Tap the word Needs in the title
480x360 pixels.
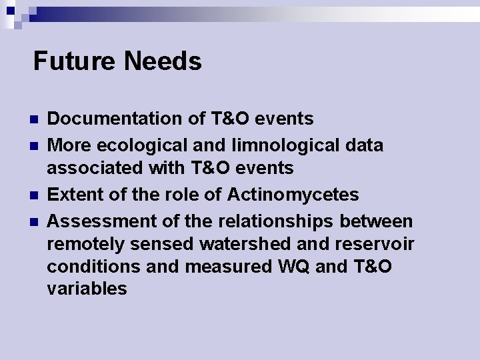coord(163,61)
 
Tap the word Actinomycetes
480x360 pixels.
coord(293,195)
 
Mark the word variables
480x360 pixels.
coord(87,289)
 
